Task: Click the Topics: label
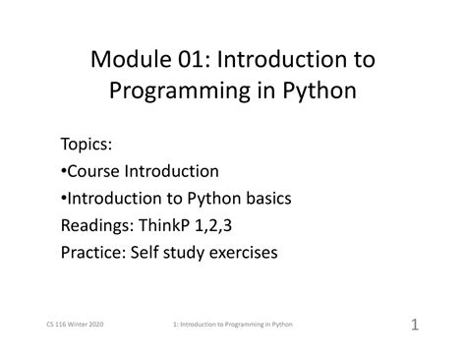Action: coord(87,145)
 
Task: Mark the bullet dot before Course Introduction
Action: coord(64,172)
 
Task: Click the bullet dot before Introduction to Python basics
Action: coord(64,199)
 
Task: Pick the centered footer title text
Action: coord(232,324)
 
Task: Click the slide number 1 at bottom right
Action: coord(414,324)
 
